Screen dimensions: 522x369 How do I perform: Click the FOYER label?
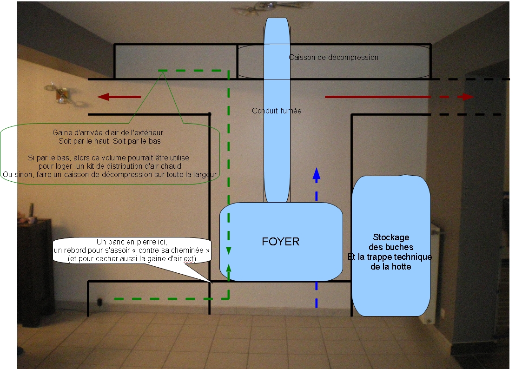coord(280,242)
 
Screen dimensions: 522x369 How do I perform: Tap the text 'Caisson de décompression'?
coord(333,58)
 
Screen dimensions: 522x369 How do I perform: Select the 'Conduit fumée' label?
coord(277,111)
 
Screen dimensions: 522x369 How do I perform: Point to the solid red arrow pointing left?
coord(119,97)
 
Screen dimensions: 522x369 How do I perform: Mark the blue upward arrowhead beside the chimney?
coord(317,173)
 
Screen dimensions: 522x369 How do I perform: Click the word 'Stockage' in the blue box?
coord(390,238)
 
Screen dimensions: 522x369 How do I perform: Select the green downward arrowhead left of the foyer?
coord(228,251)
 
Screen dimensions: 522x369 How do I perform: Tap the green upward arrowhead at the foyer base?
coord(228,267)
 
